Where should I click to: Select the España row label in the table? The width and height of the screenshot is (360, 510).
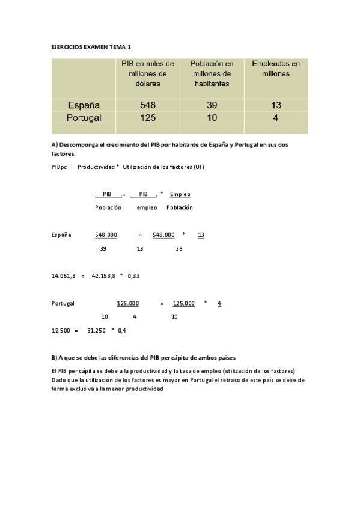[83, 105]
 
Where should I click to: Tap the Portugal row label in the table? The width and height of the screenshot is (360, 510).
[83, 118]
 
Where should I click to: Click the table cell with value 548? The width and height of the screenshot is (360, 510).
[148, 105]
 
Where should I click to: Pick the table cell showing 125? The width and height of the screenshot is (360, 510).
[148, 118]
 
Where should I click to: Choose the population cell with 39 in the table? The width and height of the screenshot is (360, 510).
[212, 105]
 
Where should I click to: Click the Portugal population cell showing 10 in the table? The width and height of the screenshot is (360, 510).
[212, 118]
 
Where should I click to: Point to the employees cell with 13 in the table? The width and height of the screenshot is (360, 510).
[275, 105]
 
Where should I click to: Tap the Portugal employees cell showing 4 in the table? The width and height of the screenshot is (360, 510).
[275, 118]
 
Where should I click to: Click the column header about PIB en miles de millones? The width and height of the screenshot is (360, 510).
[148, 73]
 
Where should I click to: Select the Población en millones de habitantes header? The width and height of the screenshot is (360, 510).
[212, 73]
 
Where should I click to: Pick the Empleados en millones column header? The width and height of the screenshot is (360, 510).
[275, 68]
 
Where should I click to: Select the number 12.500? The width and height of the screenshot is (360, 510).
[61, 330]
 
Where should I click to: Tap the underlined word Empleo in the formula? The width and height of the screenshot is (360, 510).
[180, 194]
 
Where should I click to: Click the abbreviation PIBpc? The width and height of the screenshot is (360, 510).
[59, 167]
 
